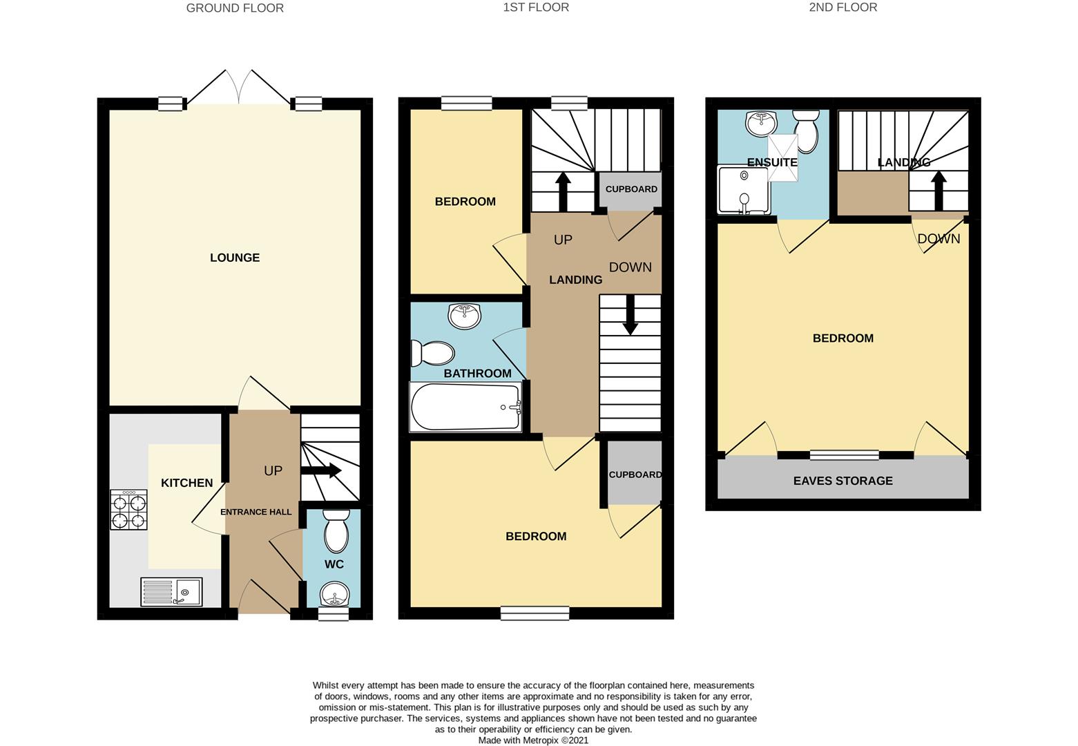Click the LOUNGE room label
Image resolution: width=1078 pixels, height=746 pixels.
tap(235, 258)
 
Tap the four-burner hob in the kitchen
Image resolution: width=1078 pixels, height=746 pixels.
tap(128, 510)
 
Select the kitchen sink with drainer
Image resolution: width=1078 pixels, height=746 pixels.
tap(171, 591)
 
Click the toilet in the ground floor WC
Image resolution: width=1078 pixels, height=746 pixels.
tap(336, 531)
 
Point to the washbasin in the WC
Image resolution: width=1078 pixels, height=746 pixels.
tap(335, 594)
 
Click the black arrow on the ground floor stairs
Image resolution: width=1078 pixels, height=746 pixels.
tap(321, 470)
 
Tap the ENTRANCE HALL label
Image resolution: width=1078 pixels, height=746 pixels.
tap(256, 512)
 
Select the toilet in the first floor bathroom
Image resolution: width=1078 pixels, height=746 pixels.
tap(432, 353)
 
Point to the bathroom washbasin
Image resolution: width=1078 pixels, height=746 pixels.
tap(464, 316)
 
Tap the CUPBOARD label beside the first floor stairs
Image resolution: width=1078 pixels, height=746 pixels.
tap(631, 189)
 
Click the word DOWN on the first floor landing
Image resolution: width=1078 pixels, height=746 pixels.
tap(631, 267)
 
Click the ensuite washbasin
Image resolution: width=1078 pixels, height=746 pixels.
tap(761, 123)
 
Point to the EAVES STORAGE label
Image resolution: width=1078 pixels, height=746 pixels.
tap(843, 481)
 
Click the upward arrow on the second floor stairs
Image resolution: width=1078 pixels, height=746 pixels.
tap(939, 191)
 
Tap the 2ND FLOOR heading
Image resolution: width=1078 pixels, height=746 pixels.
tap(843, 7)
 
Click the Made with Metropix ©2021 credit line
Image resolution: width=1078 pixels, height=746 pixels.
tap(533, 740)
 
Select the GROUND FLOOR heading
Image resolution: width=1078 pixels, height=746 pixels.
tap(235, 8)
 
